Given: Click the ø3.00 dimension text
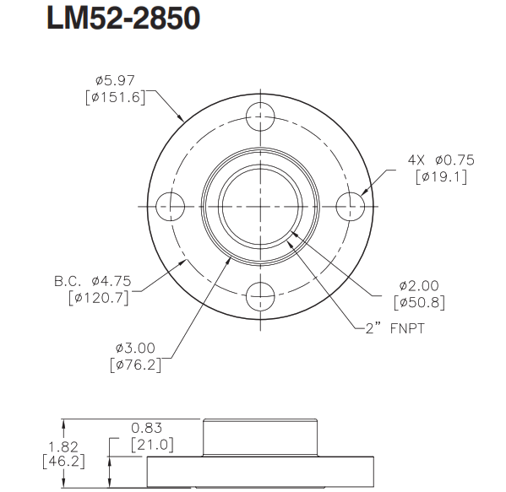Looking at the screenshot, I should pyautogui.click(x=135, y=348).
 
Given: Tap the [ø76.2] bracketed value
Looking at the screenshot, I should pyautogui.click(x=135, y=365).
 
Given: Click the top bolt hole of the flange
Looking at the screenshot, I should pyautogui.click(x=260, y=116).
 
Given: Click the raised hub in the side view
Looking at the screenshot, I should pyautogui.click(x=260, y=439).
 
